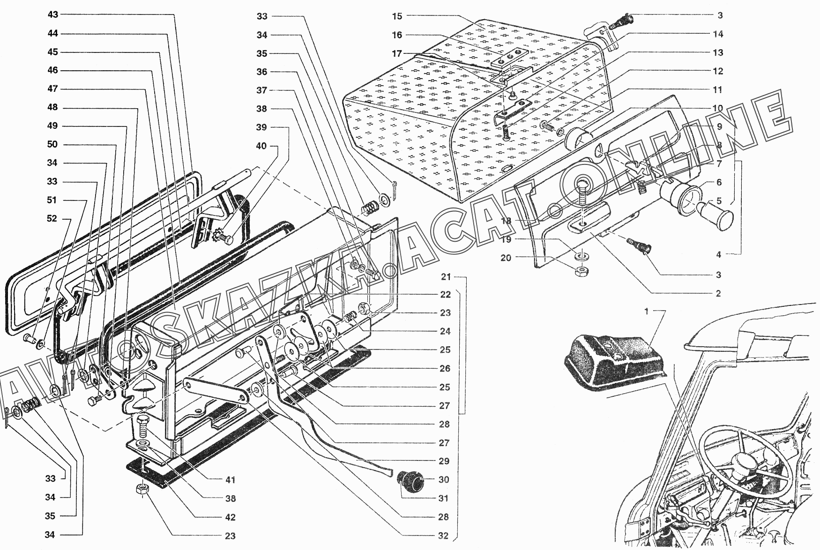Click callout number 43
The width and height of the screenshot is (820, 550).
(53, 15)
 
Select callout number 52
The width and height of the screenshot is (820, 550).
(52, 219)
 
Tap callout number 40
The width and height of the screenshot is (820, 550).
(261, 146)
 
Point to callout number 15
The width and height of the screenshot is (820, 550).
(397, 16)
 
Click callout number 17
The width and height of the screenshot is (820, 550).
(397, 53)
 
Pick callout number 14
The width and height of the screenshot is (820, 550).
(718, 34)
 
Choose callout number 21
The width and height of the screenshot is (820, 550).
(446, 277)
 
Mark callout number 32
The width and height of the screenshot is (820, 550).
(443, 536)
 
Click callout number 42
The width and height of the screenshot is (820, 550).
(230, 517)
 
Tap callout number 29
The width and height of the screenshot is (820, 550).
(444, 461)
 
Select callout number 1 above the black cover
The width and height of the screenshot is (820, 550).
(647, 312)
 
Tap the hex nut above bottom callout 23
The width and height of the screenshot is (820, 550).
(141, 490)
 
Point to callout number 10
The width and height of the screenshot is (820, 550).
(718, 108)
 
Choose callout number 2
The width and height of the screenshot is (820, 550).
(718, 294)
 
